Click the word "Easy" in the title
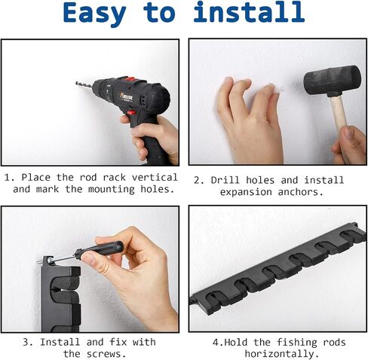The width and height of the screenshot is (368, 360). tap(94, 14)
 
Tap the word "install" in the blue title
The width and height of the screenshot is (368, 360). tap(249, 12)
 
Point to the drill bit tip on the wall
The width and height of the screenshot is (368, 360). tap(76, 83)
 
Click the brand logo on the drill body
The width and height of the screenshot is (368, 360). tap(127, 96)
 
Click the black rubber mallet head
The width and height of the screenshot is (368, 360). tap(333, 80)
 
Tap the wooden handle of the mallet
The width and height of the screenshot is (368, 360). tap(339, 118)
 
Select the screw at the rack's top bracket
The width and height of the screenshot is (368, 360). tap(46, 261)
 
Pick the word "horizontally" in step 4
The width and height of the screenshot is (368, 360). tap(279, 354)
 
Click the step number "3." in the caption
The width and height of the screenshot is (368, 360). tap(28, 342)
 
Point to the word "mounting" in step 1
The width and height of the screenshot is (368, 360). tap(112, 190)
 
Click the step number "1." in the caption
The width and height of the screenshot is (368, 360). tap(10, 178)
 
